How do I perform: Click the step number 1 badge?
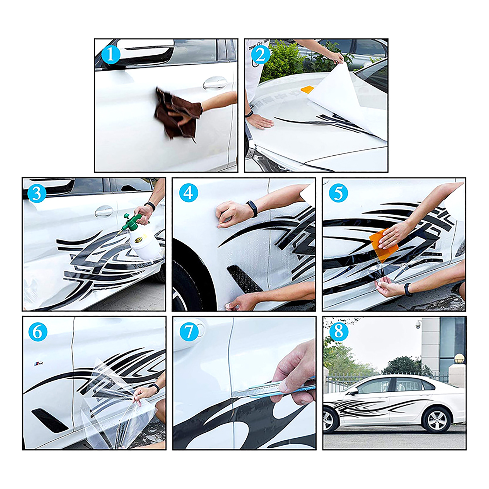point(110,55)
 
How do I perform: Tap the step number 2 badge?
point(260,55)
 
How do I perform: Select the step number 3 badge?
point(37,193)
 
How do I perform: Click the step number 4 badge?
point(189,193)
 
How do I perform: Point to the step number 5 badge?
point(338,193)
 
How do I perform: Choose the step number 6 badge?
point(38,332)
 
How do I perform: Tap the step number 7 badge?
point(189,332)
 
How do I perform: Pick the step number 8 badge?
point(339,331)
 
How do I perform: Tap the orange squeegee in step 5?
point(383,245)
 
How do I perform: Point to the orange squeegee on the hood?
point(307,89)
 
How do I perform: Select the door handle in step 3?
point(104,211)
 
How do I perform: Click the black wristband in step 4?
point(252,209)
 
